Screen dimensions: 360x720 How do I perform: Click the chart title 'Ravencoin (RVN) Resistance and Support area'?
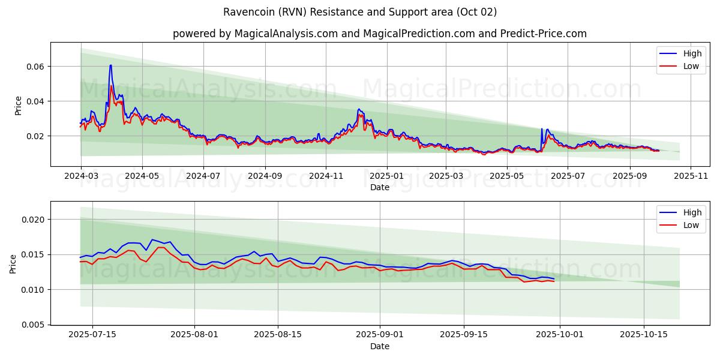click(x=360, y=12)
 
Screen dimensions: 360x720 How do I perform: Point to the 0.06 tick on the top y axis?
click(x=34, y=66)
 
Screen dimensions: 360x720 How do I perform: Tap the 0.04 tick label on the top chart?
click(x=34, y=101)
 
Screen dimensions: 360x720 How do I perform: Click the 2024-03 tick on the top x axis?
click(x=81, y=176)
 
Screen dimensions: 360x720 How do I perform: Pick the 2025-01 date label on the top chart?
click(x=387, y=176)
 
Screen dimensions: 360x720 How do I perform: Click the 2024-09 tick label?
click(x=265, y=176)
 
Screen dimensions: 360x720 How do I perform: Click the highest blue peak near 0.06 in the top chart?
click(x=110, y=65)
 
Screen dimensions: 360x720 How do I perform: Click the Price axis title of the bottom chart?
click(x=13, y=263)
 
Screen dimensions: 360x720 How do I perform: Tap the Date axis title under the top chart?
click(x=379, y=187)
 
